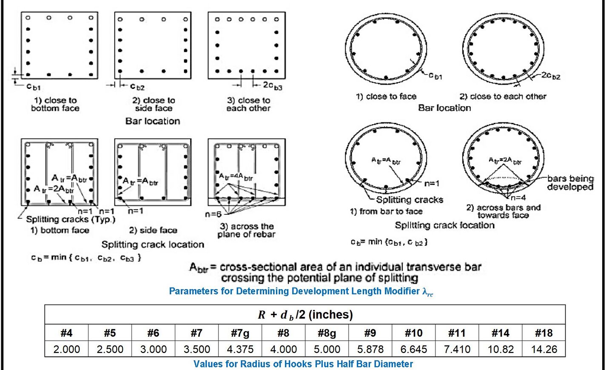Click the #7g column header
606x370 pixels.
click(x=240, y=333)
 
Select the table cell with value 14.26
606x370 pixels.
click(x=544, y=350)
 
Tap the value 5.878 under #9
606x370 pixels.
click(x=370, y=350)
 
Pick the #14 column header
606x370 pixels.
click(x=501, y=333)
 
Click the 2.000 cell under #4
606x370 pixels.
click(x=66, y=350)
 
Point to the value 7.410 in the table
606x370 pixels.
click(x=457, y=350)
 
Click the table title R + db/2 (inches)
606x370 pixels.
click(x=305, y=315)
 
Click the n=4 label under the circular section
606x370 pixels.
click(x=518, y=198)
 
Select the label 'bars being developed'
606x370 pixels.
click(x=570, y=183)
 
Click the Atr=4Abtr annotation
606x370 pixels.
click(x=236, y=176)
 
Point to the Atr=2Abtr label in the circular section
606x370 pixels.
click(x=505, y=161)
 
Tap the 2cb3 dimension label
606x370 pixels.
click(x=272, y=86)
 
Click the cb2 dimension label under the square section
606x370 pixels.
click(x=137, y=87)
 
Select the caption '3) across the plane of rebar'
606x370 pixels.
click(x=247, y=230)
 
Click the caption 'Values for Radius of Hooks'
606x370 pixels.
click(x=303, y=364)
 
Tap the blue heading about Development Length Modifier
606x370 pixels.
click(x=301, y=291)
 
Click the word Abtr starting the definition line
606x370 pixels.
click(x=198, y=268)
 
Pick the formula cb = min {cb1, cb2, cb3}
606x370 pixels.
click(x=85, y=258)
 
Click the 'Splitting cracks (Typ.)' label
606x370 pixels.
click(x=71, y=219)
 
